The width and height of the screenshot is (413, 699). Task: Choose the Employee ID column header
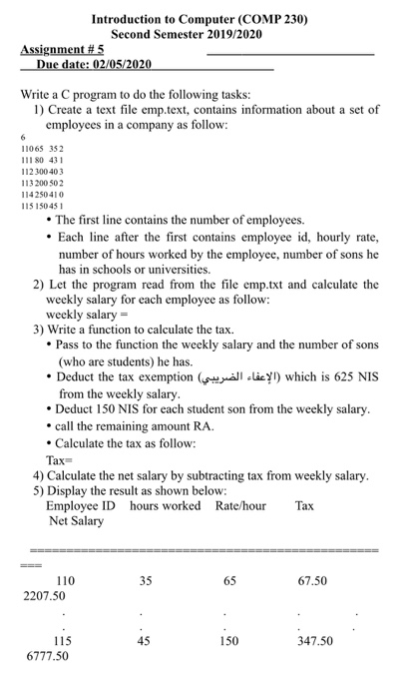tap(82, 506)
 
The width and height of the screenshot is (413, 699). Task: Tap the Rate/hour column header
tap(240, 506)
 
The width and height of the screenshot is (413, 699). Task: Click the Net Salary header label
tap(76, 521)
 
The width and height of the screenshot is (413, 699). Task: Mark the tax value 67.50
tap(314, 580)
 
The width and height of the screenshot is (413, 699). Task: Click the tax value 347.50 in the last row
tap(314, 642)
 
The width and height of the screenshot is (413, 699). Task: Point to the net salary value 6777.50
tap(47, 657)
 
